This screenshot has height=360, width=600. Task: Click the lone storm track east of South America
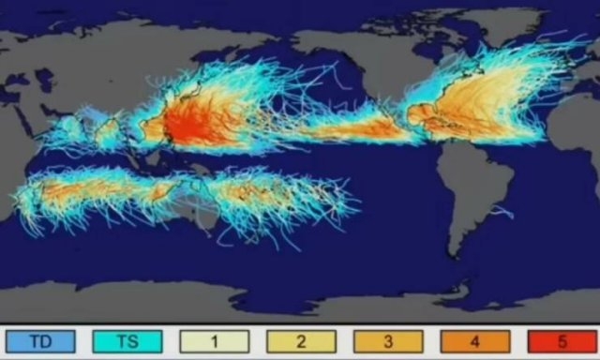502,211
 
